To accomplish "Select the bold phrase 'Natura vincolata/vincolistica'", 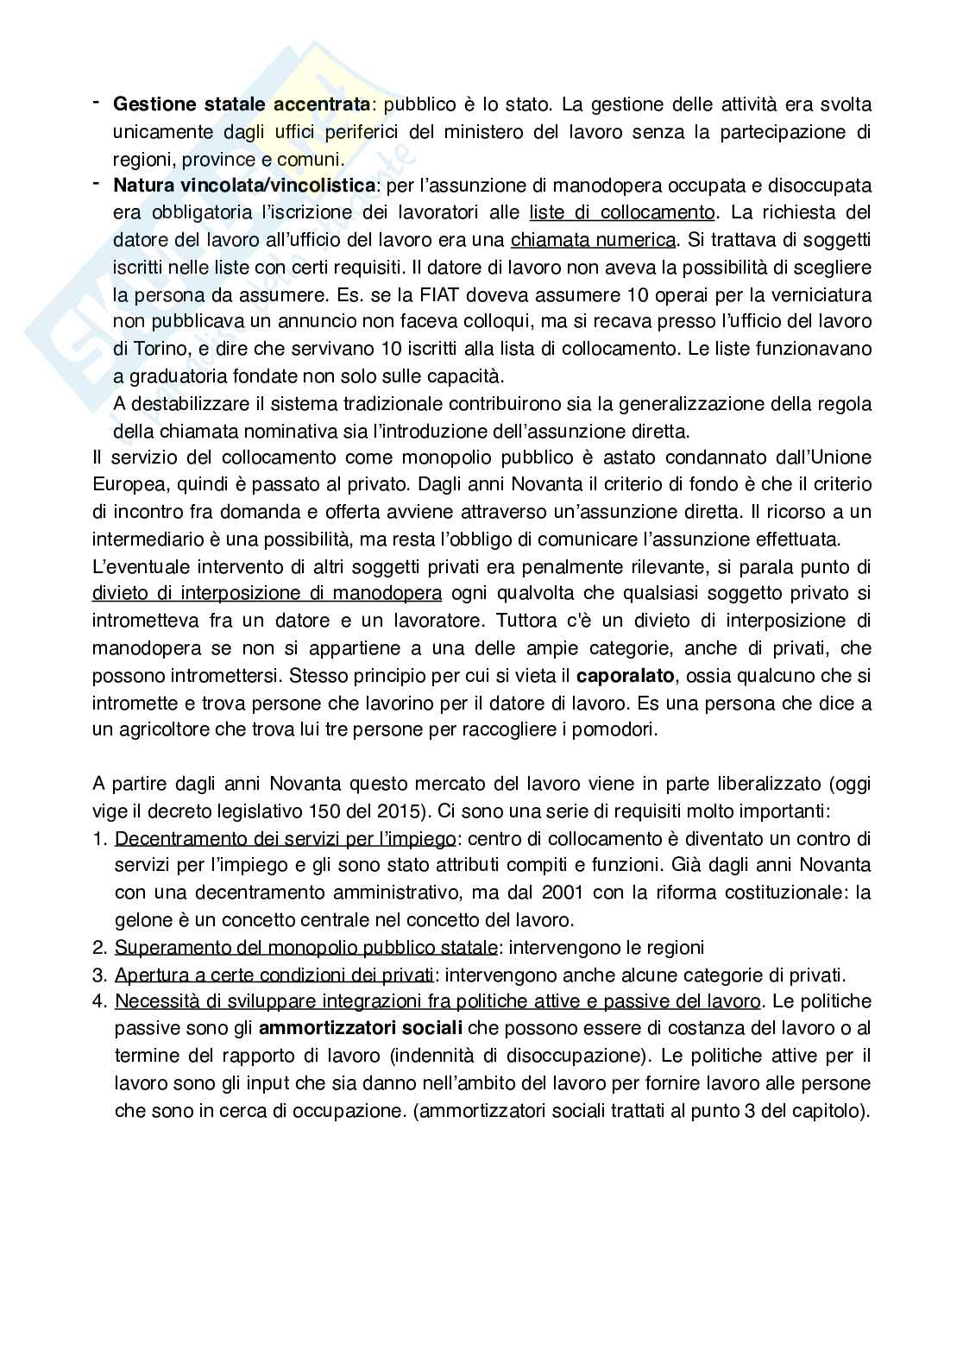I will [244, 186].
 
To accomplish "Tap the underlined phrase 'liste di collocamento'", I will [622, 212].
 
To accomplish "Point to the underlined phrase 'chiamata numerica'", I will [594, 240].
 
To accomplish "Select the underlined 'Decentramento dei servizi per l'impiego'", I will [285, 839].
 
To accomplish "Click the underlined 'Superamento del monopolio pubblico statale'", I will [305, 948].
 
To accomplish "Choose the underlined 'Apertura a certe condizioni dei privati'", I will [274, 975].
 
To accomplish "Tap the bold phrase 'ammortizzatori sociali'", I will [360, 1029].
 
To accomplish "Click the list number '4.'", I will [100, 1002].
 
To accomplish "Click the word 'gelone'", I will [141, 920].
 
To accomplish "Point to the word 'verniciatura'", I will [821, 294].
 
